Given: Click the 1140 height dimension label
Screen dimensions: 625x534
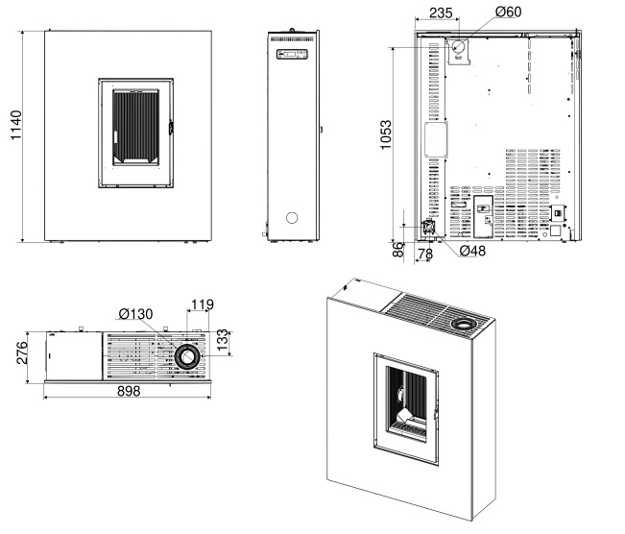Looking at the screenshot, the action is pos(15,125).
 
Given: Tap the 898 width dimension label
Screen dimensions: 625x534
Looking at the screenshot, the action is pos(129,391).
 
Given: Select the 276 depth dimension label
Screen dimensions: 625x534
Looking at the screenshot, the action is pos(22,352).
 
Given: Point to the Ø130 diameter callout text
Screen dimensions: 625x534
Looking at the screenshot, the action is pos(135,314).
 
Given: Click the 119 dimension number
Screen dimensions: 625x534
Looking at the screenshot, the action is pos(202,304).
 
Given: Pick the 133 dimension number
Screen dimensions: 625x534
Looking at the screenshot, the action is pos(224,340).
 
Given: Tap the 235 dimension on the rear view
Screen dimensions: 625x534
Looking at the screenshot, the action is pos(441,13).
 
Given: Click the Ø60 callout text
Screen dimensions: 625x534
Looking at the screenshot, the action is pos(508,12).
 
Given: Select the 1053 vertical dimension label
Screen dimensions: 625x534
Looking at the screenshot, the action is pos(385,134).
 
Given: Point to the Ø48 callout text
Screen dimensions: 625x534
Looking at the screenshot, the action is pos(472,251).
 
